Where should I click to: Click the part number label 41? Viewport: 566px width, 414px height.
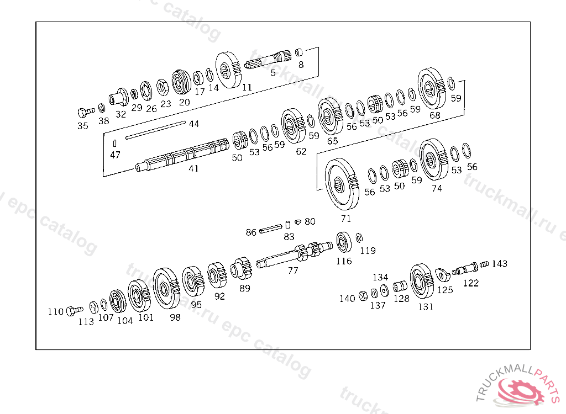pyautogui.click(x=193, y=169)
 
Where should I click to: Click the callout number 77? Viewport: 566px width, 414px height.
pyautogui.click(x=293, y=270)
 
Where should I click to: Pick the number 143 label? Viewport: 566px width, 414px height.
pyautogui.click(x=499, y=264)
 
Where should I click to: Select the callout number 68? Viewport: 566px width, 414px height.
pyautogui.click(x=435, y=115)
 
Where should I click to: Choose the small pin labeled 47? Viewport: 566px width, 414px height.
pyautogui.click(x=113, y=144)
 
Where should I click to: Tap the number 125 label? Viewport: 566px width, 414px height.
pyautogui.click(x=445, y=289)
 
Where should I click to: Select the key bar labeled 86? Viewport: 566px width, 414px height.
pyautogui.click(x=271, y=227)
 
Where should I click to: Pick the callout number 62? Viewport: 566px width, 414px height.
pyautogui.click(x=301, y=151)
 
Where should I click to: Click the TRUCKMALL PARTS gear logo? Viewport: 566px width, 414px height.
pyautogui.click(x=522, y=390)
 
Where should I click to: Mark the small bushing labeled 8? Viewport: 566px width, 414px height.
pyautogui.click(x=298, y=52)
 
